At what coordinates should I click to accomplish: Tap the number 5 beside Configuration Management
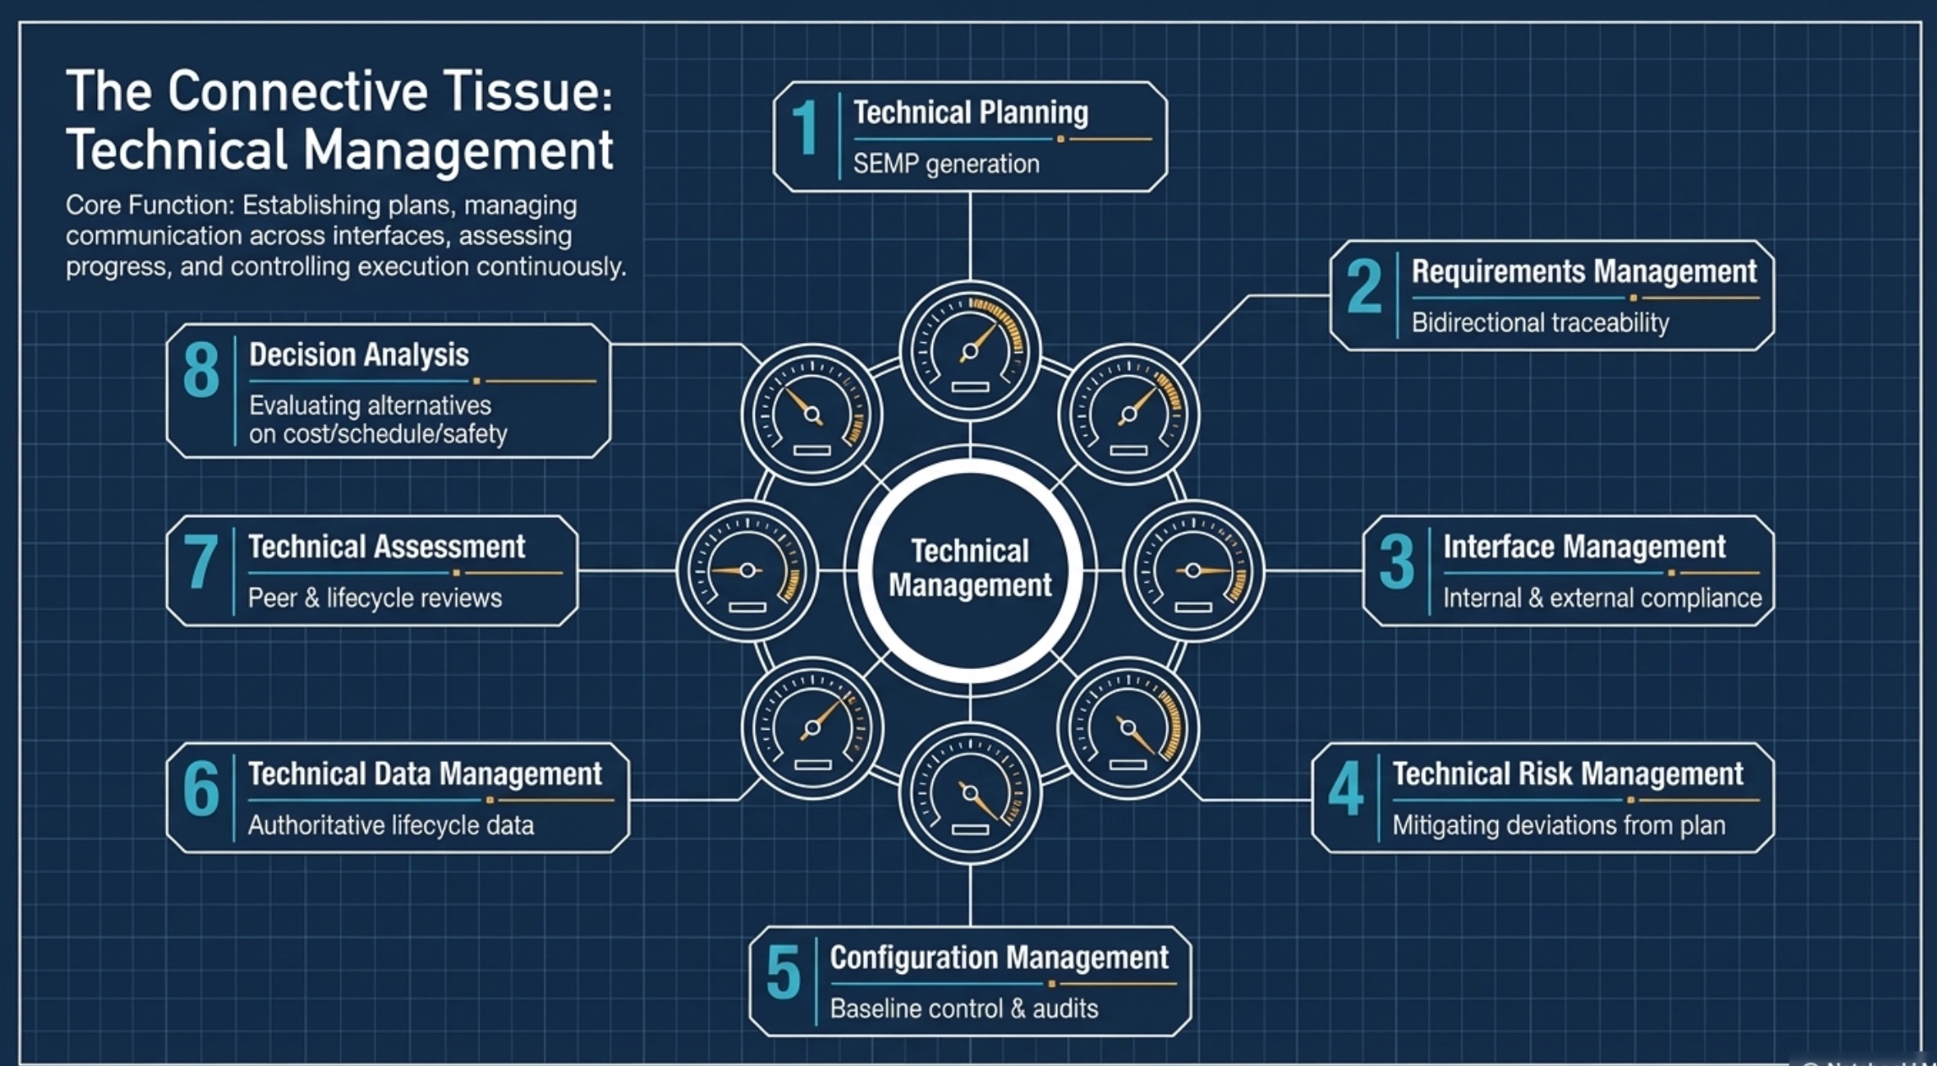(x=784, y=974)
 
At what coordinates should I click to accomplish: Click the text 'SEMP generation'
(x=946, y=164)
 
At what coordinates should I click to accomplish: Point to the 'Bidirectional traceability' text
(x=1540, y=323)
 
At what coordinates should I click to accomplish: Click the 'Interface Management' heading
(x=1584, y=547)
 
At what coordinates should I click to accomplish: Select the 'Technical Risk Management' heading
(x=1567, y=774)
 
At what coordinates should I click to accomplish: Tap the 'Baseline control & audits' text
(x=963, y=1009)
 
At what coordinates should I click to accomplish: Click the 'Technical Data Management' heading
(x=425, y=774)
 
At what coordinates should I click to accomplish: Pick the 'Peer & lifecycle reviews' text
(x=375, y=598)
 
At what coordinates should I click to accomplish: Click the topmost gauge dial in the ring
(x=970, y=351)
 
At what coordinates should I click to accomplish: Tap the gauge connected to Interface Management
(x=1193, y=571)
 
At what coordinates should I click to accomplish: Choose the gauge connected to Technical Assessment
(x=747, y=571)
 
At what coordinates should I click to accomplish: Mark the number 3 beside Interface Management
(x=1397, y=562)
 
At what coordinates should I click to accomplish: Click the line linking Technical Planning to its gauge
(x=970, y=236)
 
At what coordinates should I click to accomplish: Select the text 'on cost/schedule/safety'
(x=377, y=434)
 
